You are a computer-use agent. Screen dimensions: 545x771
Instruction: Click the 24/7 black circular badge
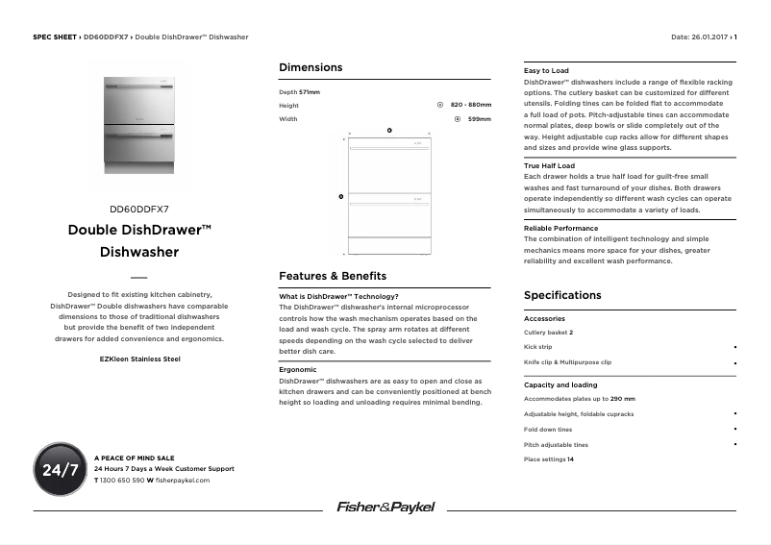click(x=61, y=470)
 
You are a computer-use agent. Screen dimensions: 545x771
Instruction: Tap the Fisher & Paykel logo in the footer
click(x=385, y=507)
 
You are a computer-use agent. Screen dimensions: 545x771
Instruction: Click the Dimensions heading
click(x=310, y=67)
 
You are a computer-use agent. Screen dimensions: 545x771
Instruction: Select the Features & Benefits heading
click(x=333, y=276)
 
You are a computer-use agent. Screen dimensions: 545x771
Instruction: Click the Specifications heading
click(x=562, y=295)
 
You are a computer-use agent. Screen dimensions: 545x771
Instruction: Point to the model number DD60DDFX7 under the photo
click(x=139, y=208)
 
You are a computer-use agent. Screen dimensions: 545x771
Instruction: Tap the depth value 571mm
click(x=309, y=91)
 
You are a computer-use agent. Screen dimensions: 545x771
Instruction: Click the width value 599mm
click(x=479, y=119)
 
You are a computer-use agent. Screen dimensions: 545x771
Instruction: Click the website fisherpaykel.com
click(x=182, y=480)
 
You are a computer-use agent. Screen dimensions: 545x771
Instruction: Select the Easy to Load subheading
click(x=546, y=71)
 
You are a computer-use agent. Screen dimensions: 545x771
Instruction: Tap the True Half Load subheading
click(x=549, y=166)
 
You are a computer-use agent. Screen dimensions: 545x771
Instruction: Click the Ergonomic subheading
click(x=297, y=369)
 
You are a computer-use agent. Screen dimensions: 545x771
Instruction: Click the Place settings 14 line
click(x=548, y=459)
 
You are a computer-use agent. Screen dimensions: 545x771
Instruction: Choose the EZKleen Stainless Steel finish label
click(x=139, y=359)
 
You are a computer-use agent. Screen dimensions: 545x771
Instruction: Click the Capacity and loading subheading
click(x=560, y=384)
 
